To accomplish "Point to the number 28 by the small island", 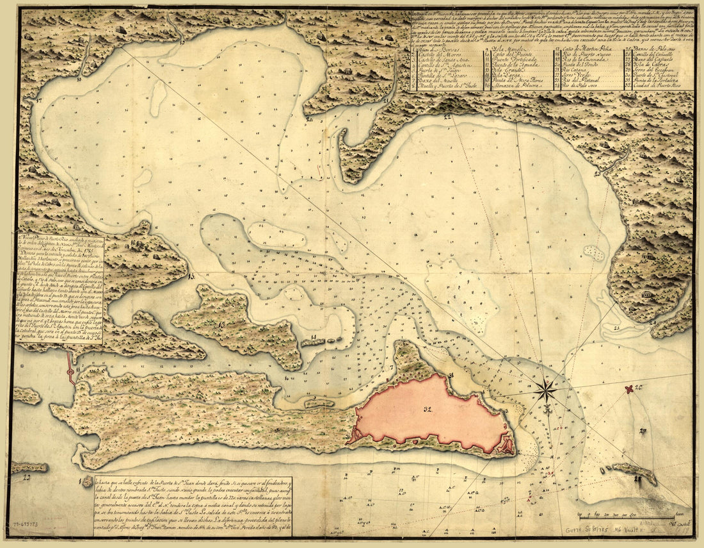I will [x=637, y=479].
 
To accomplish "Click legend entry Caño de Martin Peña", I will [x=585, y=49].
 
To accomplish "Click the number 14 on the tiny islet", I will [x=314, y=336].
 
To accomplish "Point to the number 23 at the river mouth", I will [x=596, y=173].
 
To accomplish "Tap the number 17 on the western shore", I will [x=39, y=101].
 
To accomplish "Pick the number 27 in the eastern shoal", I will [x=642, y=431].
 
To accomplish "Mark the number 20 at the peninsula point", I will [x=308, y=119].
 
